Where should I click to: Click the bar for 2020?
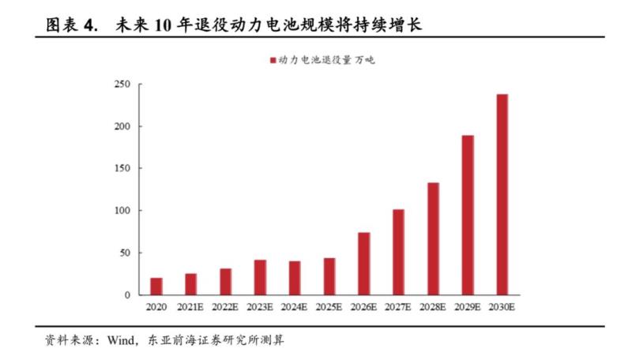156,287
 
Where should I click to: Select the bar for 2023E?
260,277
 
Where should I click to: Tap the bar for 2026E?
363,264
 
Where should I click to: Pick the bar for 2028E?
433,238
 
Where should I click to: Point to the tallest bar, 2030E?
502,194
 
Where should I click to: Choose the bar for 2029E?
468,215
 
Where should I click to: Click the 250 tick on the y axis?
122,84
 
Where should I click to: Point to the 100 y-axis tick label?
122,211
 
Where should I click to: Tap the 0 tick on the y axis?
127,295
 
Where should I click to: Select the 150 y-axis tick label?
122,169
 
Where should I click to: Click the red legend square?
273,60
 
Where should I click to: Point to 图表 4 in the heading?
71,25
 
